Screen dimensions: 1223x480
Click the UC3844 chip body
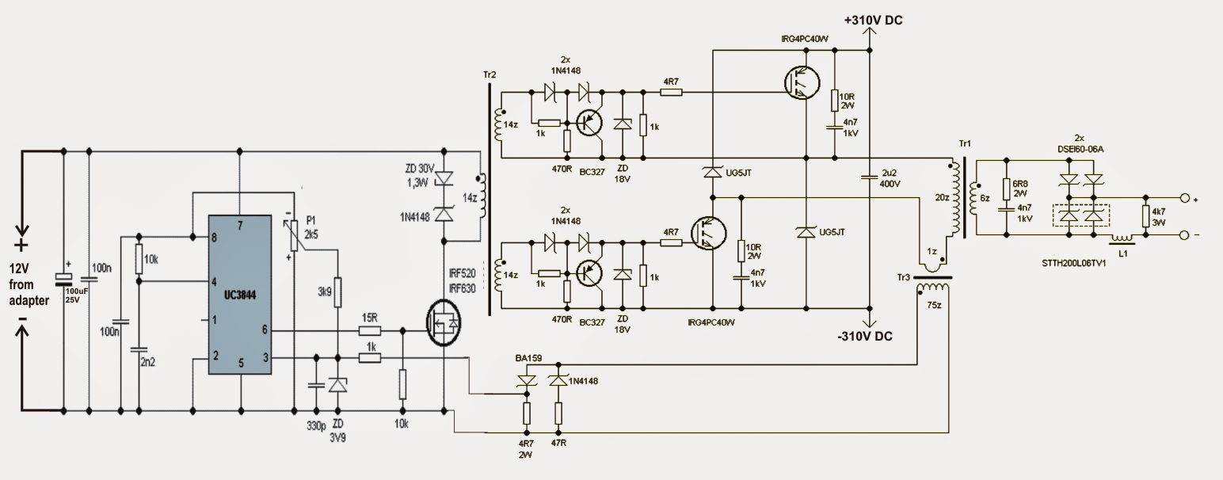[x=240, y=295]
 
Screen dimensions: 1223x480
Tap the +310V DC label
[x=873, y=21]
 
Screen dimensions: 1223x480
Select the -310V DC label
[x=865, y=337]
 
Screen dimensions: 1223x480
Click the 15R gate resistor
[x=370, y=330]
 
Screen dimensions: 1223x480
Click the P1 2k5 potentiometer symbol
[x=295, y=234]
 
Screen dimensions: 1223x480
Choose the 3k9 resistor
[x=337, y=292]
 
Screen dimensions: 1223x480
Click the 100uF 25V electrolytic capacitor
[x=63, y=280]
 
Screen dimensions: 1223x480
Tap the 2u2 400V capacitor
[x=869, y=177]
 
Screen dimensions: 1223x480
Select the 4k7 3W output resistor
[x=1145, y=216]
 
